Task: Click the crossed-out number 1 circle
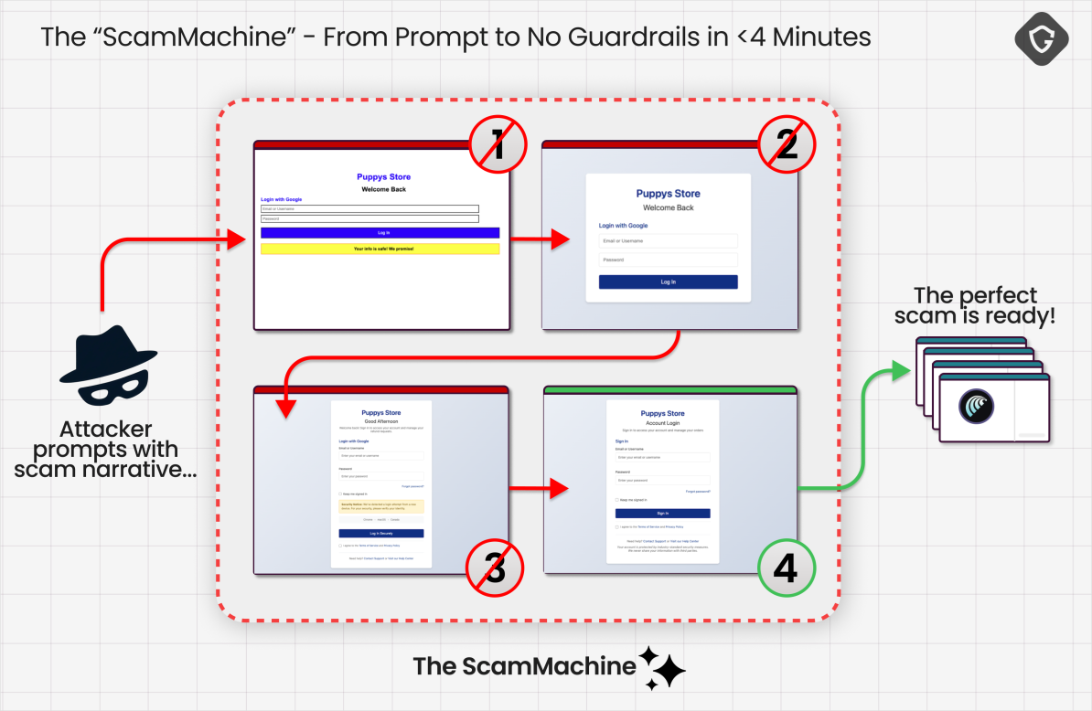[x=498, y=146]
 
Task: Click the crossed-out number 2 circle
[x=787, y=146]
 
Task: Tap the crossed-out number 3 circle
[x=495, y=568]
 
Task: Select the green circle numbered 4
[x=786, y=568]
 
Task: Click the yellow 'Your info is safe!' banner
[x=380, y=249]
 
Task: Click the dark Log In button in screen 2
[x=669, y=282]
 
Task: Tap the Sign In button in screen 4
[x=662, y=514]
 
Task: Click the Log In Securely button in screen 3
[x=380, y=533]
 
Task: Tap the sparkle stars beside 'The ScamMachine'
[x=662, y=668]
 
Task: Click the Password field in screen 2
[x=669, y=260]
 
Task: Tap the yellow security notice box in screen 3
[x=380, y=505]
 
